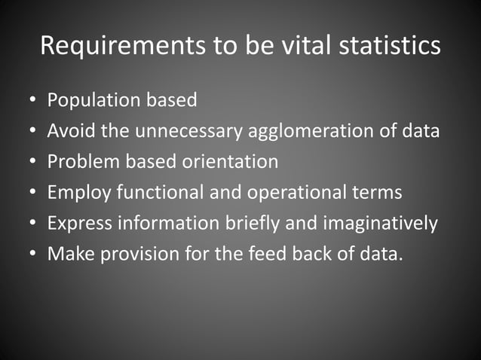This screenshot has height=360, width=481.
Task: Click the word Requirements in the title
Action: (120, 46)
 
